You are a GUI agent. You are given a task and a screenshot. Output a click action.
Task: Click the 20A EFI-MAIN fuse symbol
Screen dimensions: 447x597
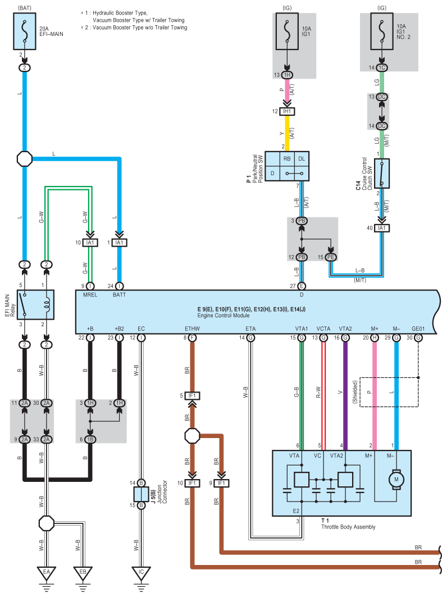point(25,31)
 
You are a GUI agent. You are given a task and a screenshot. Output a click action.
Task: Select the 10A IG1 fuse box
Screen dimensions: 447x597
point(287,31)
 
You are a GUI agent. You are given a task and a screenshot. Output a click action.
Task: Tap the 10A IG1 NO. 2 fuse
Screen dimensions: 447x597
point(382,31)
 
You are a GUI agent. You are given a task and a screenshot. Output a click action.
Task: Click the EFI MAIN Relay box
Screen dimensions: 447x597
point(35,304)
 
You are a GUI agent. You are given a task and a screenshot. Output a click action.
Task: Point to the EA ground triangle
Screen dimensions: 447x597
point(47,573)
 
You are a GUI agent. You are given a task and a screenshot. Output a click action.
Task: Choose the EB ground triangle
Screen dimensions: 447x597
point(83,573)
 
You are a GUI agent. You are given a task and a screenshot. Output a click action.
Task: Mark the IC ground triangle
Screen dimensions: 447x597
point(142,573)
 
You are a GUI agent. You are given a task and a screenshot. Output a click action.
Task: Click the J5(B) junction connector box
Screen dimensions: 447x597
point(142,494)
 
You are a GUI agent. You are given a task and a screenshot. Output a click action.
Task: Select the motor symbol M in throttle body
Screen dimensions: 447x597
point(396,480)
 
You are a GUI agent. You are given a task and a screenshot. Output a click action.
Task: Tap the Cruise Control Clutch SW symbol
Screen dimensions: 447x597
point(382,174)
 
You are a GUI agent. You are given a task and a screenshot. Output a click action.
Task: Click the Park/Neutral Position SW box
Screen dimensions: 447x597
point(287,166)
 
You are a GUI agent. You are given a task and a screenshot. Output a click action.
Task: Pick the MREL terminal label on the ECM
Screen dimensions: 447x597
point(90,295)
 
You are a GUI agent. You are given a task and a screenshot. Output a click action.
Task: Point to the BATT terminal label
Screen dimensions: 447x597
point(119,295)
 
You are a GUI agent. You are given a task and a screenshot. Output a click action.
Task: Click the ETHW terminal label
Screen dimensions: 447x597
point(192,329)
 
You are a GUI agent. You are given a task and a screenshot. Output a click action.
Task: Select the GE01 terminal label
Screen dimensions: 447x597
point(418,329)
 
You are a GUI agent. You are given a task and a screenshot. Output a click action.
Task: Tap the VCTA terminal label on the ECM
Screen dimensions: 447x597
point(323,329)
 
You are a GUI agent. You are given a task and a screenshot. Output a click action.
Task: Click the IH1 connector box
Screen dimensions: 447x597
point(287,112)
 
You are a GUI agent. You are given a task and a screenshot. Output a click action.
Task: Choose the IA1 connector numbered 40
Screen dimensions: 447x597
point(382,228)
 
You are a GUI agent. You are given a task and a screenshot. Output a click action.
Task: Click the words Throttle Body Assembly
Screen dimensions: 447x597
point(348,527)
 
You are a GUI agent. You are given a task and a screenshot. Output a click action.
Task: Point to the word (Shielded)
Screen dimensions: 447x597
point(355,392)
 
